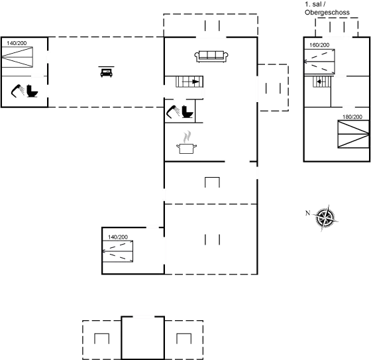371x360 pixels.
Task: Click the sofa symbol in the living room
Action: pos(211,56)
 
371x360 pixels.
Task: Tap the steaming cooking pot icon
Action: pos(186,142)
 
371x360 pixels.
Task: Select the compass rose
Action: pos(326,217)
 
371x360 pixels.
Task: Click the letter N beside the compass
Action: pos(307,213)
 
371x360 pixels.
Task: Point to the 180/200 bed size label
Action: pos(352,117)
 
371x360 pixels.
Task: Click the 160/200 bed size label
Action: pos(319,45)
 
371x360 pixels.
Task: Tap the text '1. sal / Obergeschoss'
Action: pos(327,9)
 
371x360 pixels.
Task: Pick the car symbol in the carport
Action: pos(106,72)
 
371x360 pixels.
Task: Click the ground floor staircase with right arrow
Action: pos(189,82)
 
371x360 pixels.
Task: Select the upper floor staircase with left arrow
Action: pos(321,82)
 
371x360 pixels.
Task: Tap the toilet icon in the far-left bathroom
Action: pos(32,91)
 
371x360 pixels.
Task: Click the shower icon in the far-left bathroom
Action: pos(18,91)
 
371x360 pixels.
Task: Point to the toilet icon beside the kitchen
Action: pos(187,111)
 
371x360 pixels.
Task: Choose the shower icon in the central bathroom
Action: pos(173,111)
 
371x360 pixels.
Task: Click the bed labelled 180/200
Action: pos(354,135)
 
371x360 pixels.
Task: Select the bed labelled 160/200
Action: pos(319,62)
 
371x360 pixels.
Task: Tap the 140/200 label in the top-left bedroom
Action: pos(17,43)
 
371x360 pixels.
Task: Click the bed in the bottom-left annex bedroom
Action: pos(118,251)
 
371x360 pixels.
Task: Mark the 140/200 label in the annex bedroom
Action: pos(118,237)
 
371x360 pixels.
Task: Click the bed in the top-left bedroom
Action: pos(17,57)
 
